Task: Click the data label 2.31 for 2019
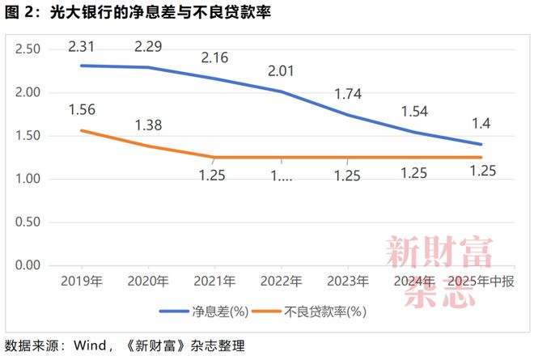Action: coord(84,47)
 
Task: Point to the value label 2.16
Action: coord(214,58)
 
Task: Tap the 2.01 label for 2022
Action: coord(280,72)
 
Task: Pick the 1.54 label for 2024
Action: coord(414,111)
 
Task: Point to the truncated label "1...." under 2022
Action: coord(280,175)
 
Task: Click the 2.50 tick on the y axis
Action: coord(28,49)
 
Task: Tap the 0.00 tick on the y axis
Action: coord(28,265)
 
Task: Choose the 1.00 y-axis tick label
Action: coord(28,179)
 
